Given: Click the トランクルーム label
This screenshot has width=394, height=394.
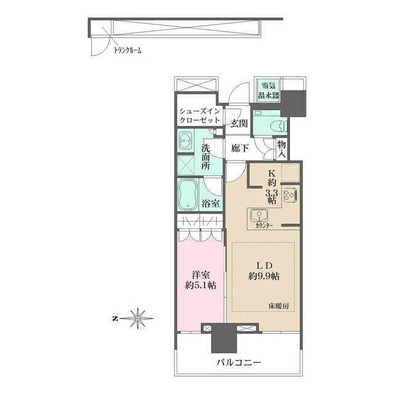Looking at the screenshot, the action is (x=127, y=50).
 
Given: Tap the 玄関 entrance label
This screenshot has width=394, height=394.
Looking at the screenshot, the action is (x=239, y=123).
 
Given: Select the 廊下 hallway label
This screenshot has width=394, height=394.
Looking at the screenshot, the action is (x=240, y=148).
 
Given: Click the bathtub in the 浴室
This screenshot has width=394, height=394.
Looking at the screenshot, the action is (x=187, y=195).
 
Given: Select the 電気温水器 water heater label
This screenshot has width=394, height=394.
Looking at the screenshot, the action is (x=268, y=90).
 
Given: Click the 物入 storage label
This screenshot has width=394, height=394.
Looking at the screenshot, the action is (x=282, y=150).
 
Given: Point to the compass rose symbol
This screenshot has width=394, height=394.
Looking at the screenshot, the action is (x=137, y=319).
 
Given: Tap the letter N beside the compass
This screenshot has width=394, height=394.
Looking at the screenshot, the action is (x=115, y=319).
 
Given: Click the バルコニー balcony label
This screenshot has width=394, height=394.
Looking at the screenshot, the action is (x=239, y=362).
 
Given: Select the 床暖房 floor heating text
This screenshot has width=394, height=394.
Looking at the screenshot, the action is (x=278, y=307).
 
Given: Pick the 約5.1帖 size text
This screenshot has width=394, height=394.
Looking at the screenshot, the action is (x=201, y=285).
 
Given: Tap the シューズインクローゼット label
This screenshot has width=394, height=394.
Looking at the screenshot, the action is (x=200, y=115).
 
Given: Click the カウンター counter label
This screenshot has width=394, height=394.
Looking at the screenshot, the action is (x=264, y=225).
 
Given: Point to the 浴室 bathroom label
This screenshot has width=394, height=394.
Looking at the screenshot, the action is (x=211, y=203).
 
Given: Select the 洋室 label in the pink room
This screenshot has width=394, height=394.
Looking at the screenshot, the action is (x=201, y=275).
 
